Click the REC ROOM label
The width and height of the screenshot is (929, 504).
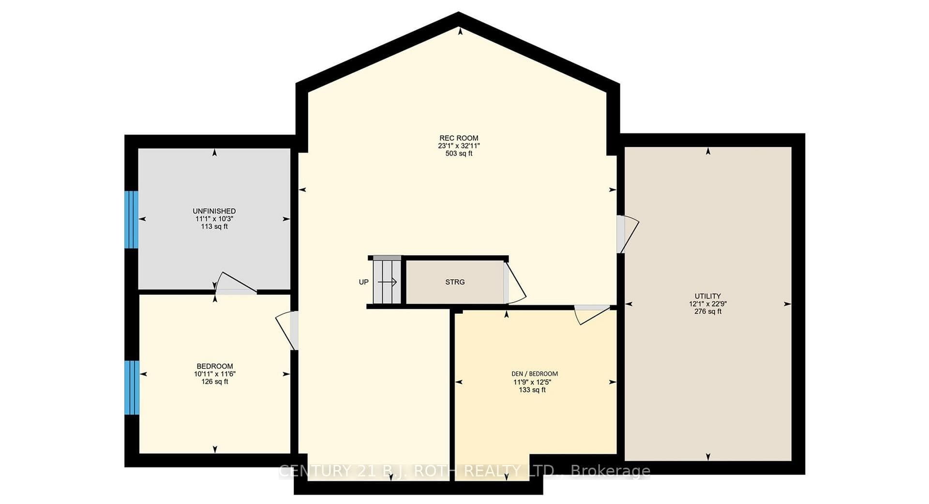coord(459,138)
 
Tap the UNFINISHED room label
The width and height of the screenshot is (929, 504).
coord(214,211)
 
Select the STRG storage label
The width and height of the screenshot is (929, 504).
coord(455,282)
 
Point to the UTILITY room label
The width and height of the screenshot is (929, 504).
coord(708,296)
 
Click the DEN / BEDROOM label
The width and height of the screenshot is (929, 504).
coord(535,374)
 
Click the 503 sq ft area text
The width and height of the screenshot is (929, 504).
coord(459,153)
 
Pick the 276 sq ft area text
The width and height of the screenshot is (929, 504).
coord(708,311)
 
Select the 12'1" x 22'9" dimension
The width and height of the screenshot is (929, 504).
coord(708,304)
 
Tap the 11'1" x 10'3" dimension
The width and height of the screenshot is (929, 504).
coord(214,219)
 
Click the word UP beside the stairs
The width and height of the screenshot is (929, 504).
coord(363,282)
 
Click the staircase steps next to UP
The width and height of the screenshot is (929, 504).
coord(387,281)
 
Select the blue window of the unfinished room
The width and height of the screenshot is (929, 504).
coord(131,219)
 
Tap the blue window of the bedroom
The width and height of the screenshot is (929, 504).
coord(132,387)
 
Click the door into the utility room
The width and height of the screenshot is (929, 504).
coord(627,234)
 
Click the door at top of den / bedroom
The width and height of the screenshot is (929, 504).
coord(592,314)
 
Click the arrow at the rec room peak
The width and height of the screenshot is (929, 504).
coord(460,31)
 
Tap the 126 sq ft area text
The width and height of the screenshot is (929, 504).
coord(215,382)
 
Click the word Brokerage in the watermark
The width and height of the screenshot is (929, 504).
coord(611,471)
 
